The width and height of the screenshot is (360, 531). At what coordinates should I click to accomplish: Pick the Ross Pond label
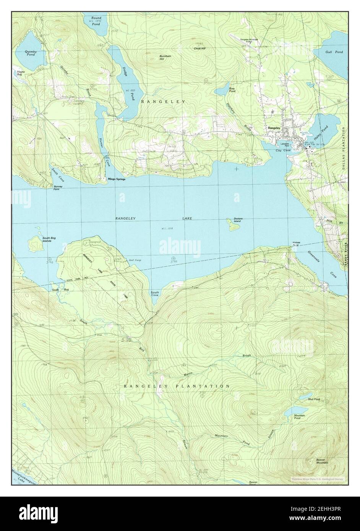[232, 90]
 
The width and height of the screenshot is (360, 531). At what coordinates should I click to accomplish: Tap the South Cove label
[155, 293]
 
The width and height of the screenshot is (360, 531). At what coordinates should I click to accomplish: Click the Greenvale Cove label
[321, 263]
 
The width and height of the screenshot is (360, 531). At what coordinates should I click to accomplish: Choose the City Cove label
[283, 151]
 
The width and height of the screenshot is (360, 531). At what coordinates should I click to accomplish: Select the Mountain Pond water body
[294, 412]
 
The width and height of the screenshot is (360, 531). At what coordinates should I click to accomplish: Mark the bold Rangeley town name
[274, 128]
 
